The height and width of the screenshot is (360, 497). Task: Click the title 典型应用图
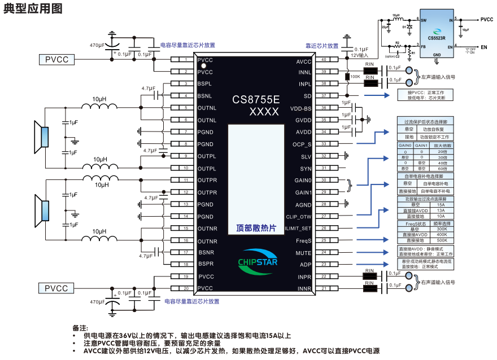pos(32,9)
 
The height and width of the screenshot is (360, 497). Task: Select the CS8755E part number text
pos(256,100)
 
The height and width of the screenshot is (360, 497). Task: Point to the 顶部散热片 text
pos(256,229)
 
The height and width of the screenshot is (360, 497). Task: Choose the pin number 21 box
pos(324,289)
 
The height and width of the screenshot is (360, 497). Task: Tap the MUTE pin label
pos(303,253)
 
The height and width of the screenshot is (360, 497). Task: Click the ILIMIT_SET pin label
pos(298,229)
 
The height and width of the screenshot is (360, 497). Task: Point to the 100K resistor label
pos(355,76)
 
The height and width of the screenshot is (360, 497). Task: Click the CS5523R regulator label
pos(436,38)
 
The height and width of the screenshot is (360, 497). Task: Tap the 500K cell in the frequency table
pos(441,240)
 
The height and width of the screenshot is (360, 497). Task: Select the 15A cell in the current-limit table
pos(441,204)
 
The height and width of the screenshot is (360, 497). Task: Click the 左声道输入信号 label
pos(438,77)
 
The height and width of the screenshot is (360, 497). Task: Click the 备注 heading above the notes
pos(80,328)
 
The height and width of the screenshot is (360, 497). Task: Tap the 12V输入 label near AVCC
pos(359,55)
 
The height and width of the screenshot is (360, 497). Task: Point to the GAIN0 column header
pos(405,146)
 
